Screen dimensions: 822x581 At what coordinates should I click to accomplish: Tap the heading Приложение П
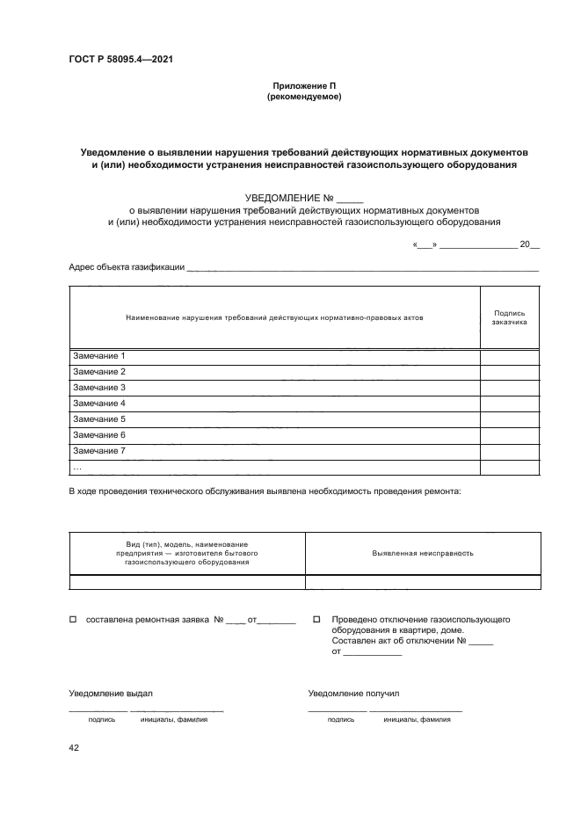303,86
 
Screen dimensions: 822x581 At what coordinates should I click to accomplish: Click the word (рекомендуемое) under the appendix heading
303,97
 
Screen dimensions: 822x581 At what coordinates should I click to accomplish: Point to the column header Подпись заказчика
510,317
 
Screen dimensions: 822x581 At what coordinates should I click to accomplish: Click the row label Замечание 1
99,356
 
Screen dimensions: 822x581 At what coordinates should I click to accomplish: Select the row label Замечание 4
99,404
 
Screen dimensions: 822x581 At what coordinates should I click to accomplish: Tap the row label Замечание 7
99,451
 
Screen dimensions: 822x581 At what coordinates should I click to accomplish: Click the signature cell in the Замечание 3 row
510,388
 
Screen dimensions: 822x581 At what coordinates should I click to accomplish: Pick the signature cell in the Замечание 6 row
510,435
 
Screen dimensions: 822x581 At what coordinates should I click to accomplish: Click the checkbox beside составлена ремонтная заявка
73,621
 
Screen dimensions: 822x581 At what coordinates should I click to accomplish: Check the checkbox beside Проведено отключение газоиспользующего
316,621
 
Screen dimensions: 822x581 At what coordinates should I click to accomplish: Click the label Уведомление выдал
105,694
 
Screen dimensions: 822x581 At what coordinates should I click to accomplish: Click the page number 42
74,747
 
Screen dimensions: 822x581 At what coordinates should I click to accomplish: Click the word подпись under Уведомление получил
340,719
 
